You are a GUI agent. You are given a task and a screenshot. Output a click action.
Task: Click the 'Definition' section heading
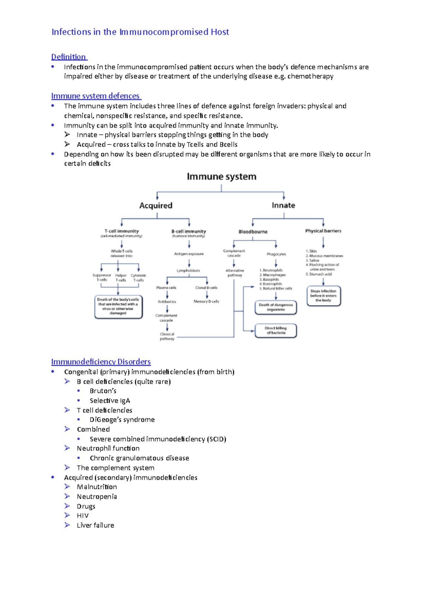[69, 57]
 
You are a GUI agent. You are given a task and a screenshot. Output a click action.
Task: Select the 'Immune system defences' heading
[95, 96]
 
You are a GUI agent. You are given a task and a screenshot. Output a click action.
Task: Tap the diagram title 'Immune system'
[222, 177]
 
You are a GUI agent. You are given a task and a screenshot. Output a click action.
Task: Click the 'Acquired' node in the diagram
[156, 206]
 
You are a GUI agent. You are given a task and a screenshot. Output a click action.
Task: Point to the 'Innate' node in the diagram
[283, 205]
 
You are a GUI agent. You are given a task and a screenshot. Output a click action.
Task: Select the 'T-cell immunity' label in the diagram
[122, 231]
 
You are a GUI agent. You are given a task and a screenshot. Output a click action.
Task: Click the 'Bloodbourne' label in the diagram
[253, 232]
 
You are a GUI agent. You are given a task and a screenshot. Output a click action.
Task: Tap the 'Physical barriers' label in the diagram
[323, 231]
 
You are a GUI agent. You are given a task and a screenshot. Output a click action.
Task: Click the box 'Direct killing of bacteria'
[276, 331]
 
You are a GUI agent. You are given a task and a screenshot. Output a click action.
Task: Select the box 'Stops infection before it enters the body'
[324, 296]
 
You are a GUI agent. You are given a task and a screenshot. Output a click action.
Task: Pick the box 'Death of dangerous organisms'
[276, 307]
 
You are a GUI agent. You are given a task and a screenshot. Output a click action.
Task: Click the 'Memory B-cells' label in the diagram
[206, 301]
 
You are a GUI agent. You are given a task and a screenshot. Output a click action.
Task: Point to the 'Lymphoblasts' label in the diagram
[188, 271]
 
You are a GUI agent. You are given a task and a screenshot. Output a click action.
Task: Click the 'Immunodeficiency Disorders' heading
[101, 362]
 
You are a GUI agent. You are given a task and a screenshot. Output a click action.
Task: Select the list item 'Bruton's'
[103, 391]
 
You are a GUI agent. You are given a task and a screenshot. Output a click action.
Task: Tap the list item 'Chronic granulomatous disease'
[139, 458]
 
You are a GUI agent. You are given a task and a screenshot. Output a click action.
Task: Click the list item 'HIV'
[83, 516]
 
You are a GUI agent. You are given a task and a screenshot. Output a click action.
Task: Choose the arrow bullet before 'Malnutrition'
[67, 487]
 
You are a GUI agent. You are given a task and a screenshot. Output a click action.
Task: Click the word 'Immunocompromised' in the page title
[164, 32]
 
